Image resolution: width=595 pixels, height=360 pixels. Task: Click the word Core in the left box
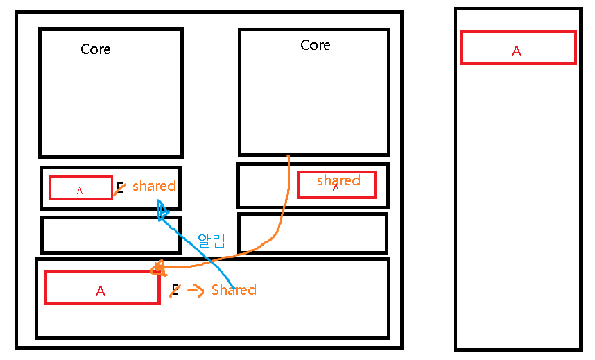tap(96, 49)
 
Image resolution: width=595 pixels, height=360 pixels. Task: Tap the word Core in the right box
tap(316, 45)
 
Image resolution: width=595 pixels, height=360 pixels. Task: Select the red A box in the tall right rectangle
tap(518, 48)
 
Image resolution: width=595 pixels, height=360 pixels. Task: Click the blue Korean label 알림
tap(212, 241)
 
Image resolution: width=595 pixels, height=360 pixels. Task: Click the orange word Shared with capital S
tap(234, 290)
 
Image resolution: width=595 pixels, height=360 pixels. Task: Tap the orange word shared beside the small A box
tap(154, 186)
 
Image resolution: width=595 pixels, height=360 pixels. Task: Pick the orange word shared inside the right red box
tap(338, 180)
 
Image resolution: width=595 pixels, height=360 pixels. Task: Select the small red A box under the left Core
tap(80, 188)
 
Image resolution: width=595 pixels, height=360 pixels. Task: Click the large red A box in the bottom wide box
tap(102, 287)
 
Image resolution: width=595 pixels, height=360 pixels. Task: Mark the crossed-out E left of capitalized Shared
tap(175, 290)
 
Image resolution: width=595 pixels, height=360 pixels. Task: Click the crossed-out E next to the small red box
tap(120, 187)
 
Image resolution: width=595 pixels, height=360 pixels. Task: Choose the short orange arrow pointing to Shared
tap(196, 291)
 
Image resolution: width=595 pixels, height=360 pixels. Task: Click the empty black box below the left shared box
tap(111, 235)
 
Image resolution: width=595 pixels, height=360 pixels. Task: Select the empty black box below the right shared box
tap(313, 233)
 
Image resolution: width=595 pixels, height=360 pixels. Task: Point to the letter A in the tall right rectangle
tap(517, 51)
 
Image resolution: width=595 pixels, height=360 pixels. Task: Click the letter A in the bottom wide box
tap(101, 291)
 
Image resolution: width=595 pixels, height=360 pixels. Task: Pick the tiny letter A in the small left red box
tap(80, 190)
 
